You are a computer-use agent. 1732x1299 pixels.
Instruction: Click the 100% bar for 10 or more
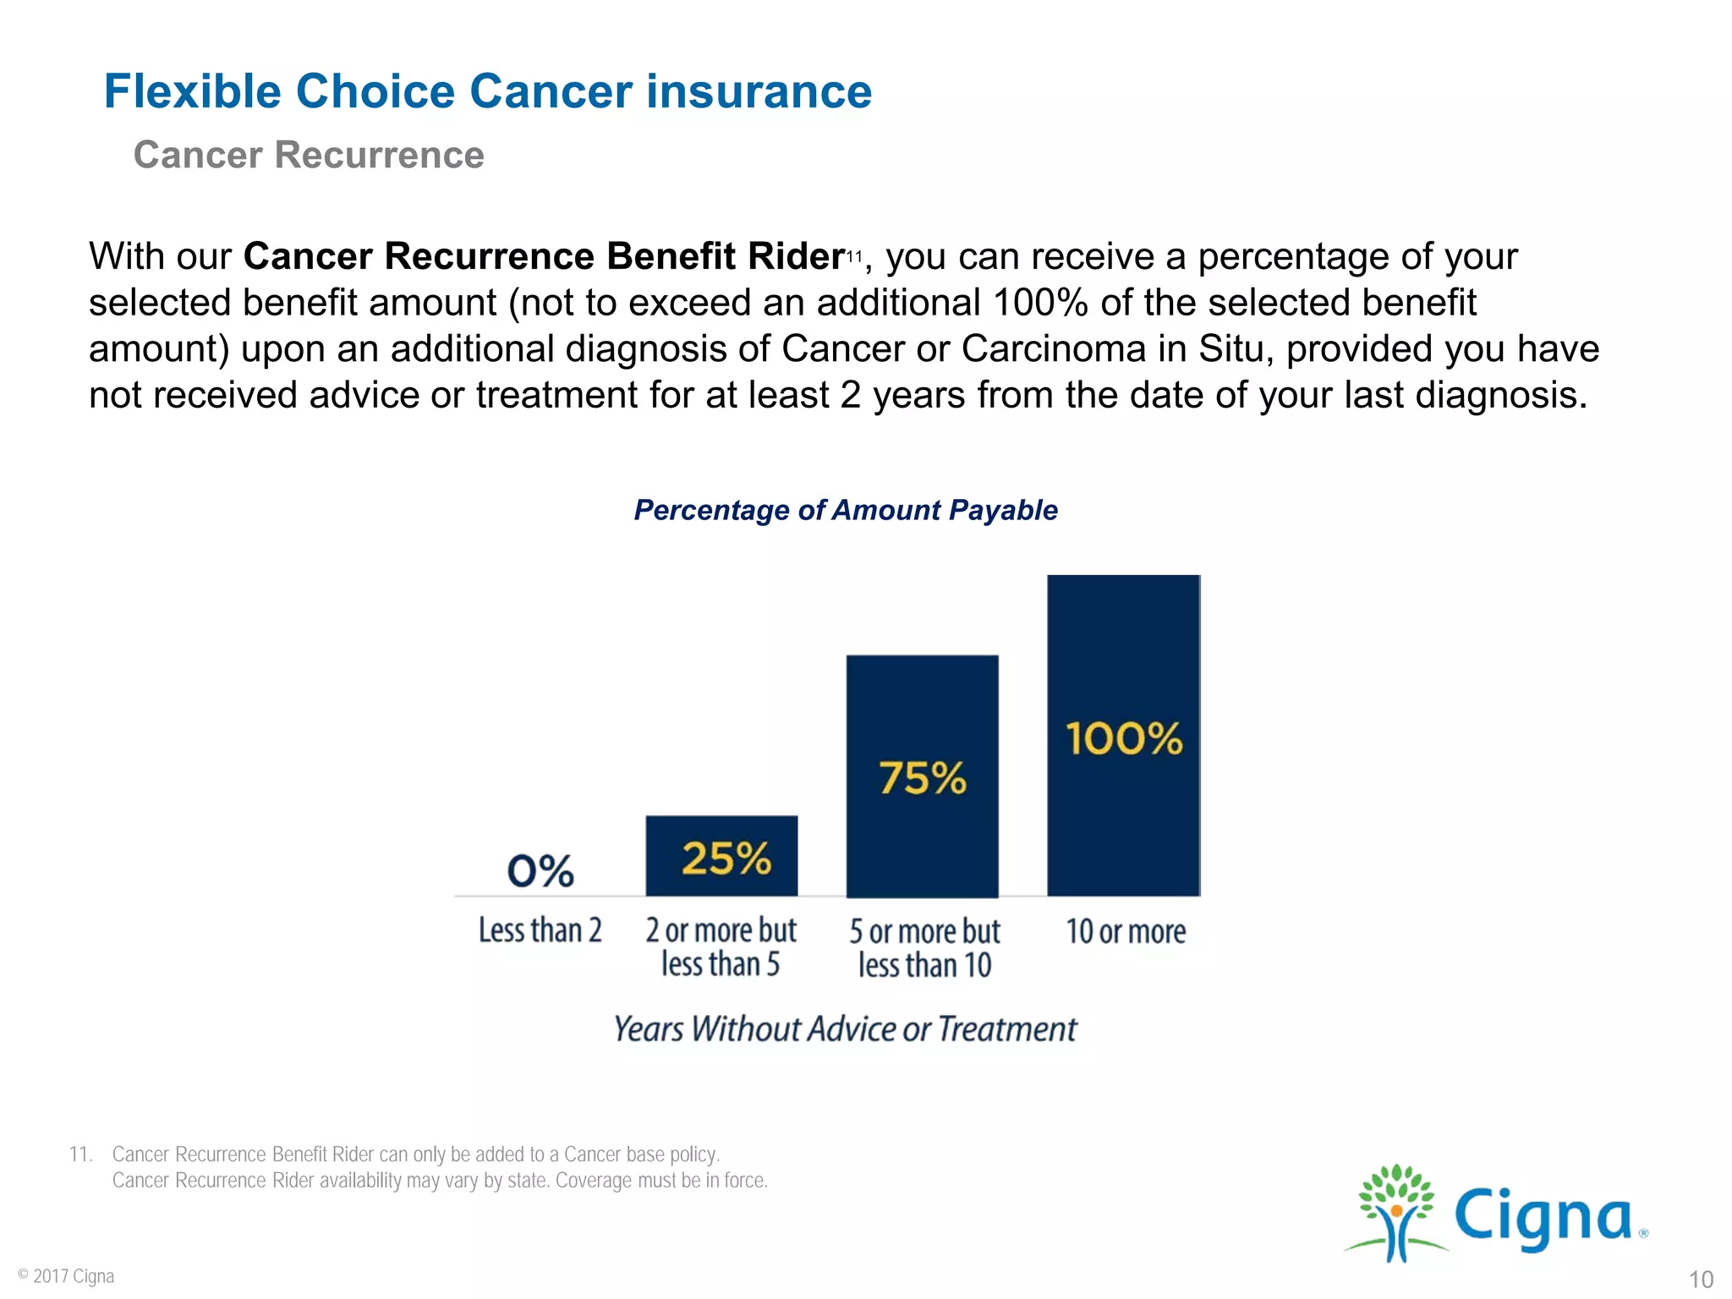[x=1123, y=736]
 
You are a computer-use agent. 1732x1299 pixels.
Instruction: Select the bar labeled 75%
[x=922, y=776]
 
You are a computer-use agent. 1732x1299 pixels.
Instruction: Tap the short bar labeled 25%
[x=721, y=856]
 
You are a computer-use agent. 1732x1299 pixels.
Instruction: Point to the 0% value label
[x=540, y=870]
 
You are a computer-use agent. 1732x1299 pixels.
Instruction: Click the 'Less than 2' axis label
[x=540, y=930]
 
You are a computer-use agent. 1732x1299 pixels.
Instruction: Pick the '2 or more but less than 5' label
[x=721, y=947]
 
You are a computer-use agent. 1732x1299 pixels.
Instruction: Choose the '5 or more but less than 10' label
[x=924, y=948]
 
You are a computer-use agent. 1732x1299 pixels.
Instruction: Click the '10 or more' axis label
[x=1126, y=931]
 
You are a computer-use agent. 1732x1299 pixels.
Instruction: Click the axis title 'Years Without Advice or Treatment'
[x=845, y=1029]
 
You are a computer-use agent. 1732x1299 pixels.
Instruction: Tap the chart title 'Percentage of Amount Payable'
[x=846, y=510]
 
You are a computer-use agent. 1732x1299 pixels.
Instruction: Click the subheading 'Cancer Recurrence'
[x=309, y=155]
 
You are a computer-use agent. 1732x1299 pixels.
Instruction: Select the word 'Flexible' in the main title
[x=192, y=91]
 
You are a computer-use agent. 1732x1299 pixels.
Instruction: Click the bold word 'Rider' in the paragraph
[x=796, y=256]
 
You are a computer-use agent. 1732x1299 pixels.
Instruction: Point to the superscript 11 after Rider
[x=854, y=255]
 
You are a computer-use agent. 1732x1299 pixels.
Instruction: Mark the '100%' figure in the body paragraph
[x=1040, y=303]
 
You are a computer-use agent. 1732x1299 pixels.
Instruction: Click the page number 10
[x=1701, y=1279]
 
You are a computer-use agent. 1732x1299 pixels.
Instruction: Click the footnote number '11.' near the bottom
[x=80, y=1154]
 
